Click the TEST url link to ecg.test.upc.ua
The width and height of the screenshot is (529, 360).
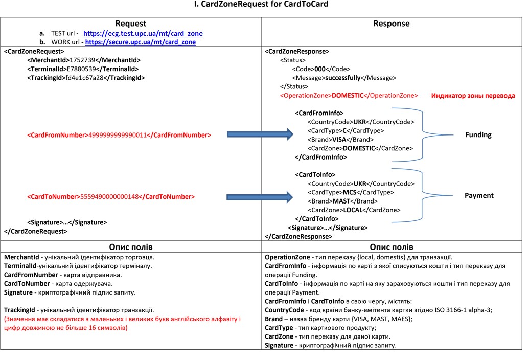pos(143,33)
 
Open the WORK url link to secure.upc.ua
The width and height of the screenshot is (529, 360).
pos(141,42)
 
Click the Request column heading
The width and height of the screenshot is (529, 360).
pos(130,24)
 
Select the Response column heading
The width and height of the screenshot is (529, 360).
pos(392,24)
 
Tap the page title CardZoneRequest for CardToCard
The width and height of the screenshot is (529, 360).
pos(261,4)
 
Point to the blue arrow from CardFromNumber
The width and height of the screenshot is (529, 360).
pos(260,134)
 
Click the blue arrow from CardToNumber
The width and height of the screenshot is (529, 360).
pos(260,197)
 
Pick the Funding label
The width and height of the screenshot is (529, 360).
pos(478,134)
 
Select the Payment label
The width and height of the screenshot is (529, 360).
pos(479,196)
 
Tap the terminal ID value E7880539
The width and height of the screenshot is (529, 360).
pos(81,69)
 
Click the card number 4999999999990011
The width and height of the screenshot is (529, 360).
pos(118,135)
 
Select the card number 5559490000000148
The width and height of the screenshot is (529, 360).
pos(109,197)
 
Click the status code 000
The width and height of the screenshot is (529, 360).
pos(320,69)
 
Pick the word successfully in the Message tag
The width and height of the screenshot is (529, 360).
pos(343,78)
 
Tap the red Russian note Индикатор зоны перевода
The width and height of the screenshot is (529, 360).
pos(473,96)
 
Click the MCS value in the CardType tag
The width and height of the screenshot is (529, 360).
pos(350,192)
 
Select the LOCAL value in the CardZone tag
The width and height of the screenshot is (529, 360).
pos(353,210)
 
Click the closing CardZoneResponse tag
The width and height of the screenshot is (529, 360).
pos(298,237)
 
